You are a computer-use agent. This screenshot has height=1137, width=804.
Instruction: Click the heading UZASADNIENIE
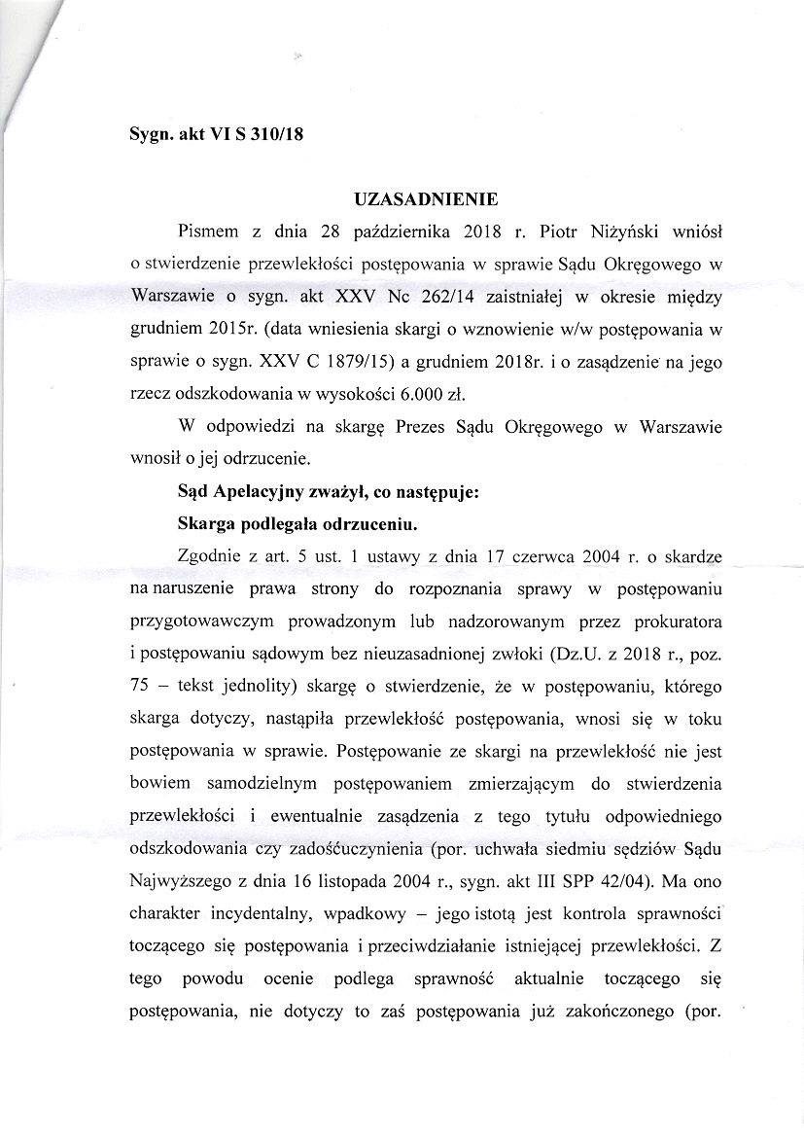(x=427, y=200)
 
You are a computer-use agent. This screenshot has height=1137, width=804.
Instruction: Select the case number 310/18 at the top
(x=277, y=136)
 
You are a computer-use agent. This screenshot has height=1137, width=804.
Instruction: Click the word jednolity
(x=253, y=685)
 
